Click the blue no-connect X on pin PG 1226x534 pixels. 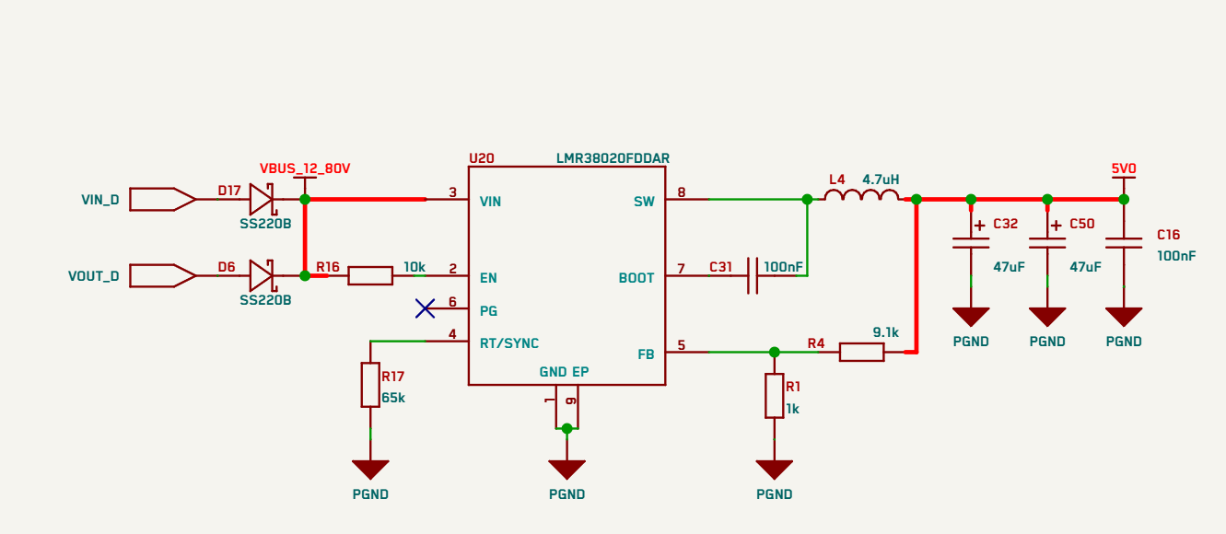click(x=425, y=308)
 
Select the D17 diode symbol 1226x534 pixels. click(x=262, y=199)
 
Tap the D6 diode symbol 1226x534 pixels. click(x=262, y=276)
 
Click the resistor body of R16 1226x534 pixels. click(x=370, y=276)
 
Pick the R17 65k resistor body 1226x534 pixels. click(x=370, y=385)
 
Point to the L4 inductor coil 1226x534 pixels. click(x=861, y=195)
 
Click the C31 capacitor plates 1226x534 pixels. click(x=753, y=276)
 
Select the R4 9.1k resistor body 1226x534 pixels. click(x=861, y=352)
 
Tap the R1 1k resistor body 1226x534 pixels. click(x=774, y=396)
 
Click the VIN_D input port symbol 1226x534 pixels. click(x=162, y=199)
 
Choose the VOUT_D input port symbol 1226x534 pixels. click(x=162, y=276)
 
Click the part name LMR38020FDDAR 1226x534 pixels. click(x=613, y=158)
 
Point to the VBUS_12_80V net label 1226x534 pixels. click(x=305, y=168)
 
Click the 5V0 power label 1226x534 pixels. click(x=1124, y=168)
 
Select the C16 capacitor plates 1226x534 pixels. click(x=1124, y=243)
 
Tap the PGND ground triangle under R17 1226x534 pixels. click(x=370, y=470)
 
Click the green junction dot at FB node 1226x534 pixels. click(x=774, y=352)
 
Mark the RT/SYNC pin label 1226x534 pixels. click(x=509, y=343)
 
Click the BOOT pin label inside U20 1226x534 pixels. click(x=636, y=278)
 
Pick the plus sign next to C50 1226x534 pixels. click(x=1056, y=225)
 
